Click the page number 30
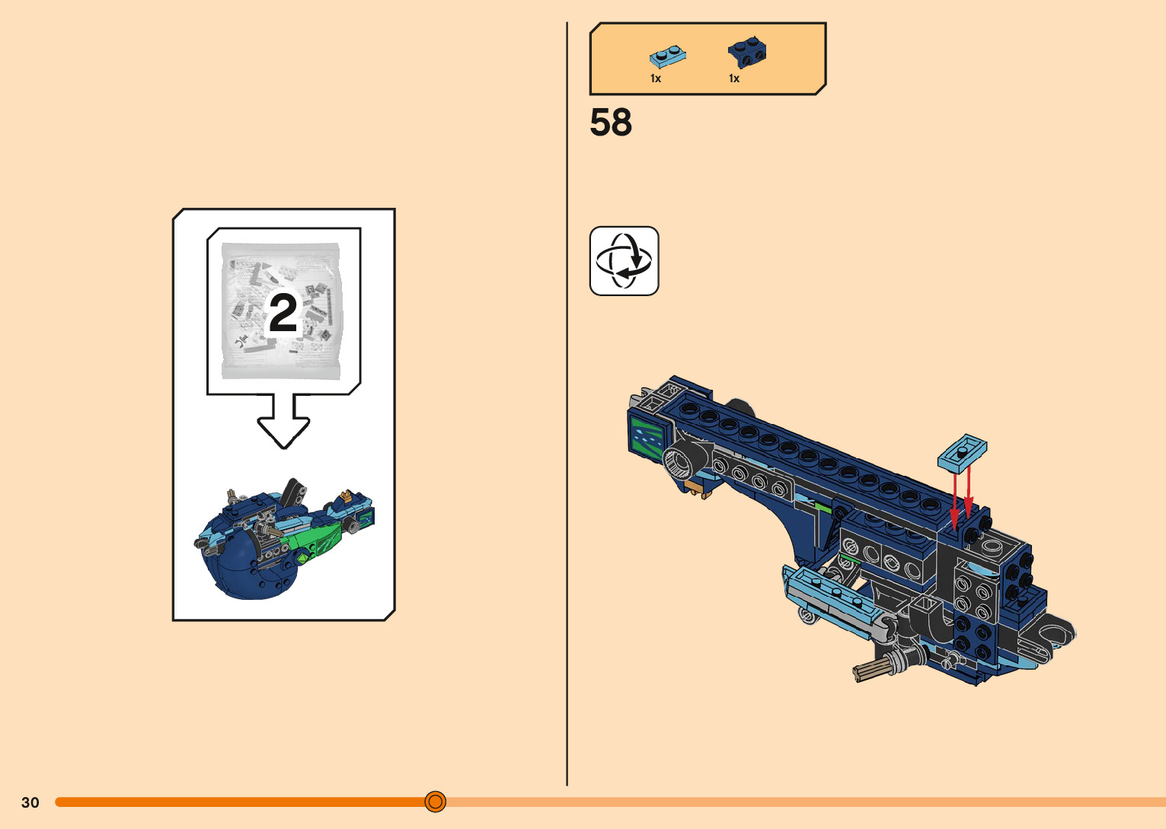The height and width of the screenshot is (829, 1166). pyautogui.click(x=30, y=802)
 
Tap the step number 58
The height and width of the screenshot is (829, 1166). pyautogui.click(x=611, y=123)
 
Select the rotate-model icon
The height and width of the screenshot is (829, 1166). pyautogui.click(x=624, y=261)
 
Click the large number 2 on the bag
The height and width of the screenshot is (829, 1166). pyautogui.click(x=283, y=313)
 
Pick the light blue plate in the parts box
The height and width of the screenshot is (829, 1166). pyautogui.click(x=667, y=56)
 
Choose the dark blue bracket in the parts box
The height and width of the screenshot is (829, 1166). pyautogui.click(x=746, y=53)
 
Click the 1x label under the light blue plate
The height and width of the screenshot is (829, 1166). pyautogui.click(x=656, y=78)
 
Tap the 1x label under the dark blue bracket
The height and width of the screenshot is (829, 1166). pyautogui.click(x=734, y=78)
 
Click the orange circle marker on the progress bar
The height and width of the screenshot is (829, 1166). pyautogui.click(x=436, y=802)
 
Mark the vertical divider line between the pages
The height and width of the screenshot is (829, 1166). pyautogui.click(x=567, y=403)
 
